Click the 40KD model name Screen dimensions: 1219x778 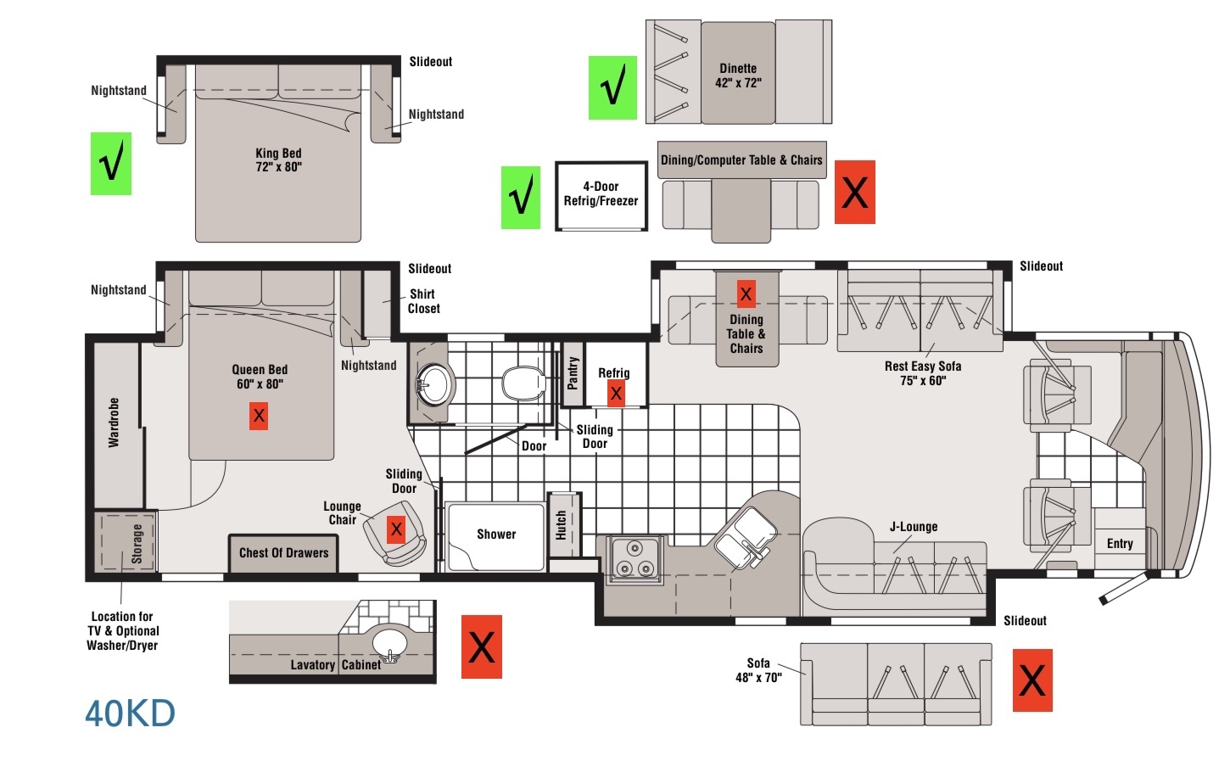[130, 714]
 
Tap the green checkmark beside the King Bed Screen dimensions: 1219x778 [111, 164]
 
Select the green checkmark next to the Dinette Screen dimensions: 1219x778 [612, 87]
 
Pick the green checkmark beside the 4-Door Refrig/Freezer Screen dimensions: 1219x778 [521, 197]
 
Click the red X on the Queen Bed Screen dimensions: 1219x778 [259, 416]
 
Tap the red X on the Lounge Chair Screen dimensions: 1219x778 [396, 529]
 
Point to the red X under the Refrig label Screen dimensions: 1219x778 [616, 393]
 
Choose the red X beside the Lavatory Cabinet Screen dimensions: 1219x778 [482, 646]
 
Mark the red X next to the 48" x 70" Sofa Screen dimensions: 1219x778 [1032, 680]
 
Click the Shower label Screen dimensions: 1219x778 [496, 535]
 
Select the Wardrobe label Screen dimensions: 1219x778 [114, 423]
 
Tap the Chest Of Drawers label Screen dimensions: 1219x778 [283, 553]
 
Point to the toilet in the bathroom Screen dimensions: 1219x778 [523, 383]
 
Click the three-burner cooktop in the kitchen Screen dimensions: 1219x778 [635, 559]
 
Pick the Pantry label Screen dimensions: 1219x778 [573, 373]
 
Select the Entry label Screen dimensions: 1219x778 [1120, 543]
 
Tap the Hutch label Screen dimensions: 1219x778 [561, 525]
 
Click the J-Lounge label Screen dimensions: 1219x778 [914, 527]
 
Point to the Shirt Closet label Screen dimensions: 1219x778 [424, 301]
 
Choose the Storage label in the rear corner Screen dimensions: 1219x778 [137, 543]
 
